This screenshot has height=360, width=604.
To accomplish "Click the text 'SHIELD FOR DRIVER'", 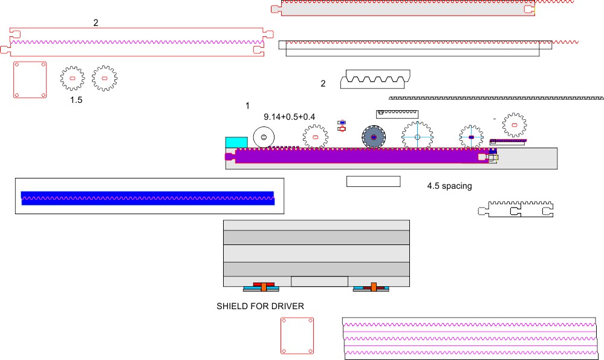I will click(260, 306).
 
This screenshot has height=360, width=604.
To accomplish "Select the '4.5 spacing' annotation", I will click(449, 186).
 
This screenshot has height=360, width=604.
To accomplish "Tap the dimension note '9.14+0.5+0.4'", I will click(290, 116).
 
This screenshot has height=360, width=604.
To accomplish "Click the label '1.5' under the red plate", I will click(76, 100).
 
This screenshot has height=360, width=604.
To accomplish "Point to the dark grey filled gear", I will click(374, 137).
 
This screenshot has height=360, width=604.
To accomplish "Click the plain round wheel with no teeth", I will click(264, 137).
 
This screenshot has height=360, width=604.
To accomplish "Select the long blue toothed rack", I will click(148, 197).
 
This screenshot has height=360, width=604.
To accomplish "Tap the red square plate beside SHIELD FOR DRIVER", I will click(297, 336).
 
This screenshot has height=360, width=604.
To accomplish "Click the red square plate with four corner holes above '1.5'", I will click(30, 79).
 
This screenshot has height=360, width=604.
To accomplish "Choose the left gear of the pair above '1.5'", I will click(73, 79).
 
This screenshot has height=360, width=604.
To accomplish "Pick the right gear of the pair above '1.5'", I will click(105, 79).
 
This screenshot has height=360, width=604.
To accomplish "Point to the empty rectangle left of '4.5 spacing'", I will click(373, 182).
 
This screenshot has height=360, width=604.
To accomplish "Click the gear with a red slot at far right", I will click(515, 125).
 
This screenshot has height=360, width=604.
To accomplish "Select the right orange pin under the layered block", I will click(374, 286).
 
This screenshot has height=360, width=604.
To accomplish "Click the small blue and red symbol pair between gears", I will click(342, 126).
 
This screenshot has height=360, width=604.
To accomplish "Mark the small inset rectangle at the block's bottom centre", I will click(319, 281).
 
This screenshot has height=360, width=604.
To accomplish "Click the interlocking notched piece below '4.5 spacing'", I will click(516, 208).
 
